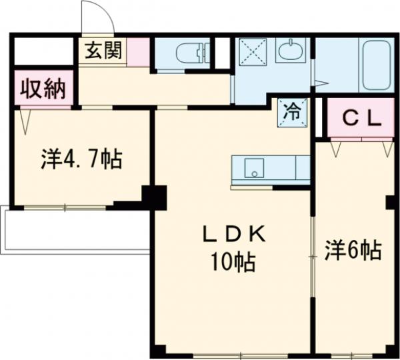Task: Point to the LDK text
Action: coord(234,235)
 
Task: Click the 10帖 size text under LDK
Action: coord(233,263)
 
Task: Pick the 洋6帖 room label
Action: coord(353,251)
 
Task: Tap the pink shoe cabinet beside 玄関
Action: coord(138,52)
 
